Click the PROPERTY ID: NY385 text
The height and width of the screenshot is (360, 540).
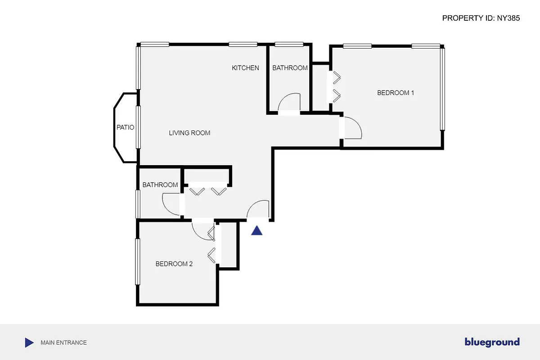click(x=481, y=18)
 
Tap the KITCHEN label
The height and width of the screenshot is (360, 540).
click(x=245, y=68)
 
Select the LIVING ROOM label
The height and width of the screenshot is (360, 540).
click(x=189, y=133)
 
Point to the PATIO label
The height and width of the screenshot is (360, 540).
click(x=125, y=127)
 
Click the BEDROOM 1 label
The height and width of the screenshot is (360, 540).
click(x=395, y=93)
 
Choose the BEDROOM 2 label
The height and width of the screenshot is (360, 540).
click(x=174, y=264)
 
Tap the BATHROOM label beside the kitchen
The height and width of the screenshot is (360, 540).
click(x=290, y=68)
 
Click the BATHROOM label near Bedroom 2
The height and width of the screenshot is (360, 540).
click(x=160, y=185)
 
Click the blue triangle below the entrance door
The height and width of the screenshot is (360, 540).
click(x=256, y=231)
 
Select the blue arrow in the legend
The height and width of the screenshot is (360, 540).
click(x=29, y=342)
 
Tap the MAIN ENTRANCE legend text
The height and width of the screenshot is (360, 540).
click(x=63, y=342)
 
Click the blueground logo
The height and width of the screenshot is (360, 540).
click(x=492, y=342)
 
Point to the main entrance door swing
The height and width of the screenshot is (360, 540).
click(x=259, y=210)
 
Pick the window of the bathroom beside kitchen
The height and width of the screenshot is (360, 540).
click(x=289, y=44)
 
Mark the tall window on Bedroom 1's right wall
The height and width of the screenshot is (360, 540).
click(x=442, y=89)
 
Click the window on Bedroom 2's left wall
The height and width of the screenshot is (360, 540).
click(x=138, y=261)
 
